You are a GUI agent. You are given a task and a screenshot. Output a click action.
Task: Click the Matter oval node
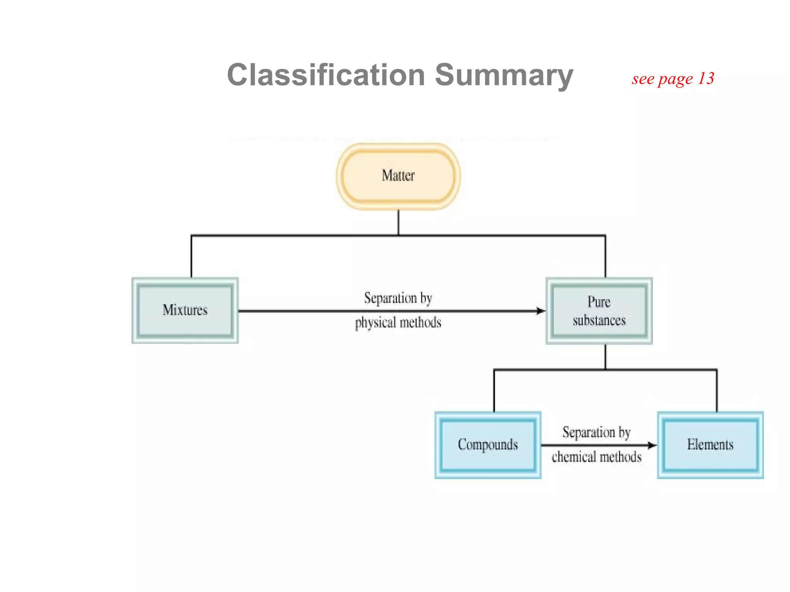398,176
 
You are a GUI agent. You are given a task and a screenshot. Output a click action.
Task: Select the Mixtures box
185,310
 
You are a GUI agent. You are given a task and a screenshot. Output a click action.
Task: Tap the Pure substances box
599,311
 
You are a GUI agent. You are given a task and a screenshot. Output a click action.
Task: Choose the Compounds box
488,445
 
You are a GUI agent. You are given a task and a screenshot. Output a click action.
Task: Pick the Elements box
710,445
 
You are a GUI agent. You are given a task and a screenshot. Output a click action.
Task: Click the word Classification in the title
326,75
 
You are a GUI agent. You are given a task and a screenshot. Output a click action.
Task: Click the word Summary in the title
504,75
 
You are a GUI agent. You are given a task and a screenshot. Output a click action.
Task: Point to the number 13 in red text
706,79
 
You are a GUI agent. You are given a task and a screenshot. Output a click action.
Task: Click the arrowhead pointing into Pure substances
541,311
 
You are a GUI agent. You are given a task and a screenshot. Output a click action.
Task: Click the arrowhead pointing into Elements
652,445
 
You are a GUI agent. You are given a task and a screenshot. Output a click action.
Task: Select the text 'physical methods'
398,323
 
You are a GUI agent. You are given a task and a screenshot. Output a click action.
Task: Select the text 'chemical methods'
596,457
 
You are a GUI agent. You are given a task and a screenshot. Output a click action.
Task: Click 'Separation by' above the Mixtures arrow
398,298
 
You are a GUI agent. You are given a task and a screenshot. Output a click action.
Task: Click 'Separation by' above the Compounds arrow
596,432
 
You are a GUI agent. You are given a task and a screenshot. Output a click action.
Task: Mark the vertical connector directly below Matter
398,222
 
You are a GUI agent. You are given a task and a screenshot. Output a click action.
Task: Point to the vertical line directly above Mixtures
191,256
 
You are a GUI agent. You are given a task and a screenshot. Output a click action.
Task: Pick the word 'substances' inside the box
599,321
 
